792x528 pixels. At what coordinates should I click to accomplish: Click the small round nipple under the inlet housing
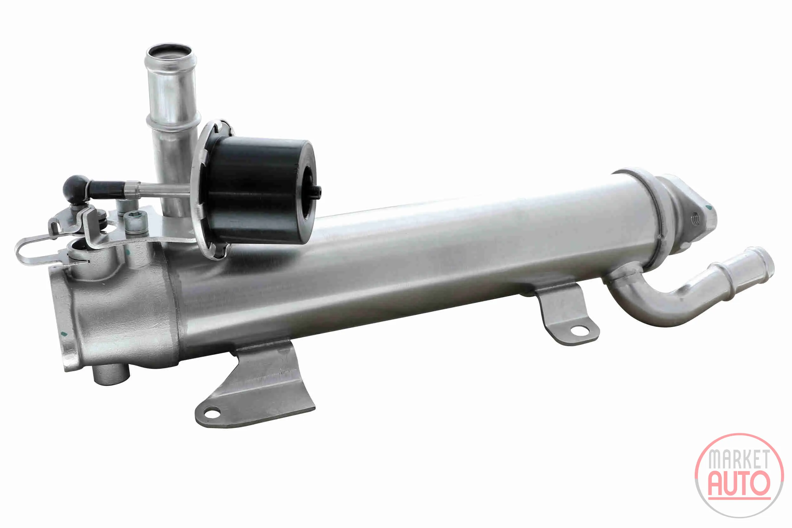point(111,375)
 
